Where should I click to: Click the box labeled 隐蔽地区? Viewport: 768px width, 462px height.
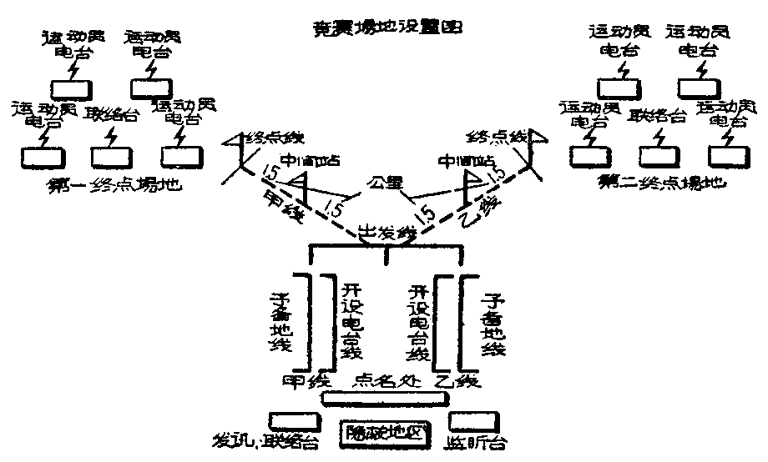383,434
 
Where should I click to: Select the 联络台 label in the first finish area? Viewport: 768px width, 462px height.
111,115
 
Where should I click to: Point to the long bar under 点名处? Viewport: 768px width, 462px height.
383,400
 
